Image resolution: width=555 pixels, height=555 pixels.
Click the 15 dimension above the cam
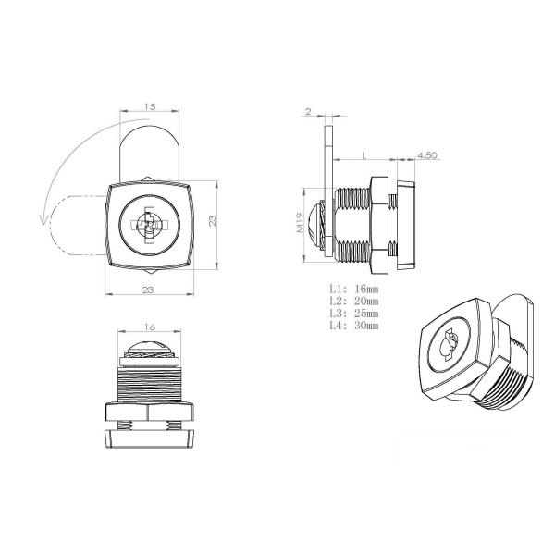point(150,107)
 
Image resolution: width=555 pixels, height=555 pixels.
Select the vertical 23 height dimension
point(212,222)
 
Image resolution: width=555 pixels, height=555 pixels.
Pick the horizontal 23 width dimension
point(148,290)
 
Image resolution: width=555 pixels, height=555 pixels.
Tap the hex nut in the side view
point(379,225)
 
